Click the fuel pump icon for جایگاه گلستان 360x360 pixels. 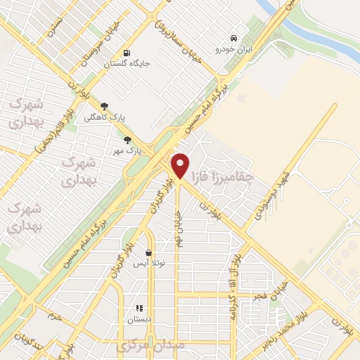tap(127, 52)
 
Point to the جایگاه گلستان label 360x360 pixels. tap(127, 63)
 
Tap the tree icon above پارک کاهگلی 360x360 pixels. tap(105, 106)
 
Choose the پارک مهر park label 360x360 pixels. tap(127, 150)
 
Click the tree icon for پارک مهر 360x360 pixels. tap(127, 140)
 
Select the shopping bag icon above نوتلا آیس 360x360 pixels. tap(148, 252)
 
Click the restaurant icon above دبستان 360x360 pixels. tap(139, 308)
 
